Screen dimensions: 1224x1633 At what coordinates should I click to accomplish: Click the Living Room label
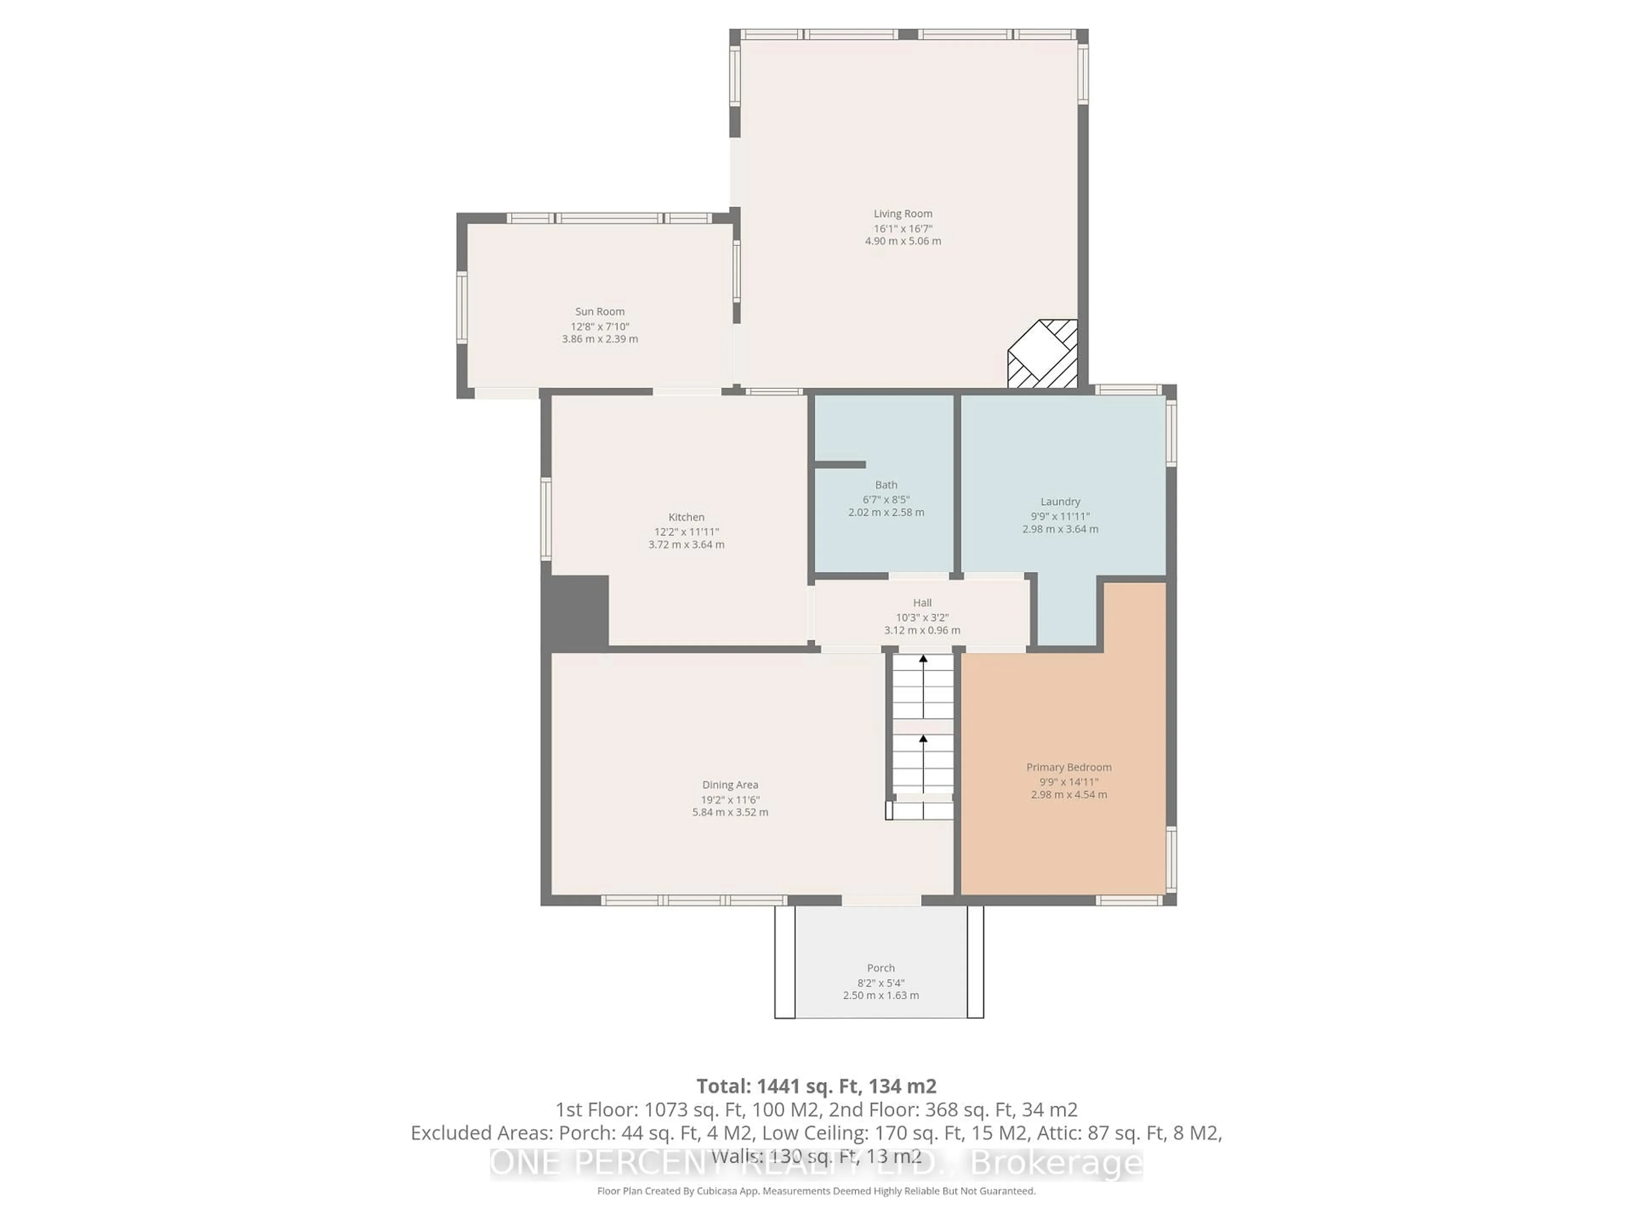(x=903, y=214)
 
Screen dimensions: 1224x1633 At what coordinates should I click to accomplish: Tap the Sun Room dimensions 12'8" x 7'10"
(x=600, y=326)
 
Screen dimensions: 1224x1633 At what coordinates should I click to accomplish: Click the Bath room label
(x=886, y=485)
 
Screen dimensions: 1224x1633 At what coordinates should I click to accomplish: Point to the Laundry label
(x=1060, y=501)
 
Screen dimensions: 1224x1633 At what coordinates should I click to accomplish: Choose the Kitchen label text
(x=686, y=517)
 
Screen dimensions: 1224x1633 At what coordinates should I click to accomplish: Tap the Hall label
(x=922, y=603)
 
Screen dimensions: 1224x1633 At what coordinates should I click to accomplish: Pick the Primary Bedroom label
(x=1068, y=767)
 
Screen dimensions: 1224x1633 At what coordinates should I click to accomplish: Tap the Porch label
(x=881, y=968)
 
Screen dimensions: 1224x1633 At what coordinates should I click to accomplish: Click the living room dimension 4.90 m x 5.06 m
(x=903, y=241)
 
